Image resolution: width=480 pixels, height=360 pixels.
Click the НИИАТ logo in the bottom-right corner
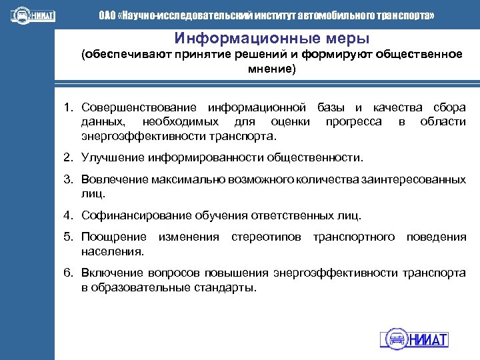[x=414, y=338]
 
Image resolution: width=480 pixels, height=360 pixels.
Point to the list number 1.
[x=68, y=107]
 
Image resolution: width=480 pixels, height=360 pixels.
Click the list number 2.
[x=68, y=157]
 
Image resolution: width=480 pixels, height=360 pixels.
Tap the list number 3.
[x=68, y=179]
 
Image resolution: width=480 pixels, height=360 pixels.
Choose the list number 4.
[x=68, y=215]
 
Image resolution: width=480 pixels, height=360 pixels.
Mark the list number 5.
[x=68, y=237]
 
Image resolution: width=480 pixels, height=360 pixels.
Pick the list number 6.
[x=68, y=273]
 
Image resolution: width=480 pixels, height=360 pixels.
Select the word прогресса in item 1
[x=353, y=121]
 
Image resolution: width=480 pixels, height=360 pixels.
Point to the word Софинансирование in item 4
[x=137, y=215]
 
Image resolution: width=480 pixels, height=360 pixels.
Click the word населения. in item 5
[x=112, y=251]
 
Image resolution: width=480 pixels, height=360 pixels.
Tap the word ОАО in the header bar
[x=107, y=15]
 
